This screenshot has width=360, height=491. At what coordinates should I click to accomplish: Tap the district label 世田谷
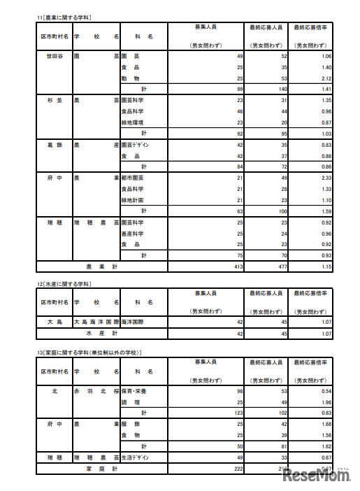(x=53, y=56)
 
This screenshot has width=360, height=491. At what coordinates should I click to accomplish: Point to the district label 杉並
(x=53, y=100)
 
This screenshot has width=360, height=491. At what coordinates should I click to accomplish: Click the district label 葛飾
(x=53, y=145)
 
